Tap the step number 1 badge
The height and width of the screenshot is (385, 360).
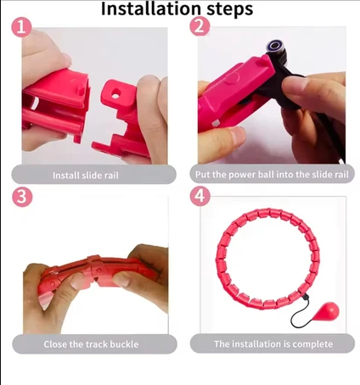21,28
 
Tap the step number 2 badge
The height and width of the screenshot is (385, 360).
200,27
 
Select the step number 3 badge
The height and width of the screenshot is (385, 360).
22,196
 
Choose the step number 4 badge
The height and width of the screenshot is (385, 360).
200,196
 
